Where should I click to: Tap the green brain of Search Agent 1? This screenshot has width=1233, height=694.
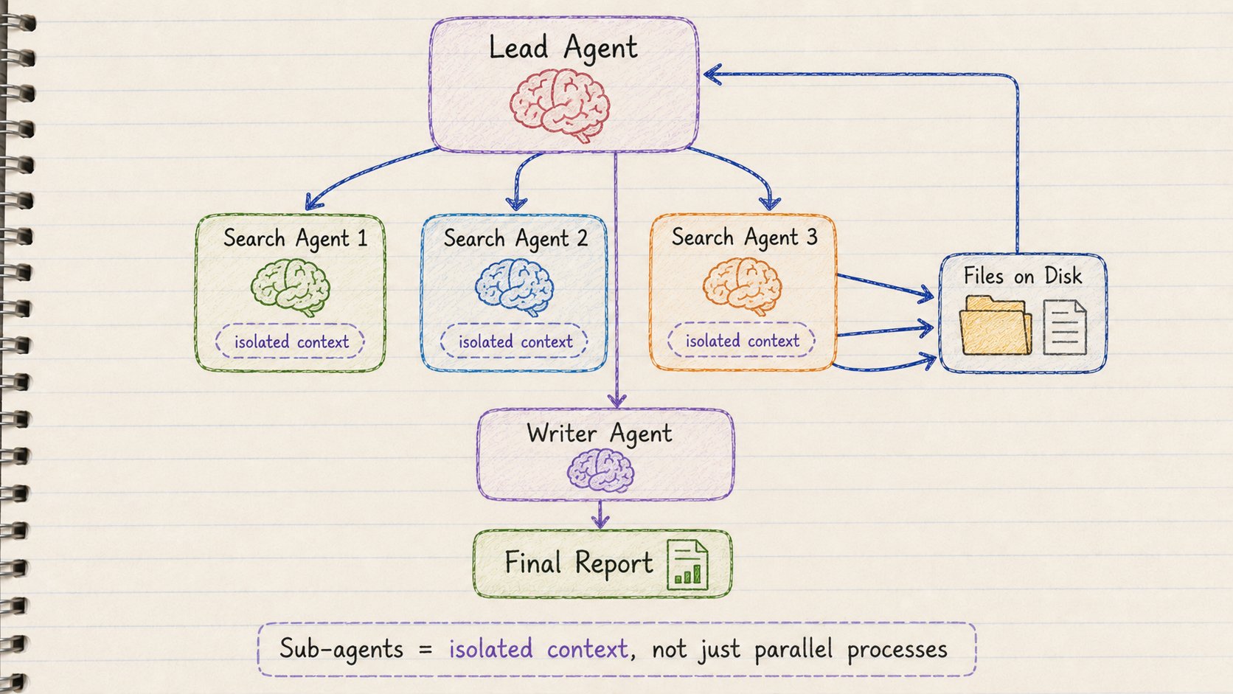click(290, 287)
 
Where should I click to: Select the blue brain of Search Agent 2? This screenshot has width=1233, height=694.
click(514, 287)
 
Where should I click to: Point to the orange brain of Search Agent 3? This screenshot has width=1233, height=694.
click(742, 285)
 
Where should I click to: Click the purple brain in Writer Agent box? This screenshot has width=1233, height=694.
click(600, 470)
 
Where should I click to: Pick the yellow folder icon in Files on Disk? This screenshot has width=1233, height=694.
click(996, 325)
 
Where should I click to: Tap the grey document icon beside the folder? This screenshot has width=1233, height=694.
click(1065, 327)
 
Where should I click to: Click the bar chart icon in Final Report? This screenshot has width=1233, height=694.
click(687, 565)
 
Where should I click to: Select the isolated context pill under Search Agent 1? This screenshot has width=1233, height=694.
click(290, 341)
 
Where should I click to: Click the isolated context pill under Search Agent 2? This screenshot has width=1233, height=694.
click(514, 341)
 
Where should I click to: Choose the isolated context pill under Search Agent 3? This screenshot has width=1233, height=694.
click(741, 340)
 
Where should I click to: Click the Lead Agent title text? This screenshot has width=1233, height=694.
click(563, 47)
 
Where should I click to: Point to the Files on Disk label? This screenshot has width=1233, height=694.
click(1023, 276)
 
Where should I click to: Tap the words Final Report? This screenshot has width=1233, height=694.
click(578, 563)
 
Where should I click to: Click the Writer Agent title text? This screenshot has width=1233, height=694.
click(600, 434)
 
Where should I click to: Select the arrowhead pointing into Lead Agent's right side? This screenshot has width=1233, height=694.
click(713, 74)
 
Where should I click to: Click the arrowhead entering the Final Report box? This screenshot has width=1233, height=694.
click(600, 521)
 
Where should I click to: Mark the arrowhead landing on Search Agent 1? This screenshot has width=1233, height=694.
click(313, 202)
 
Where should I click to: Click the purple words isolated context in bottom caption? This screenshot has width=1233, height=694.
click(538, 649)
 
